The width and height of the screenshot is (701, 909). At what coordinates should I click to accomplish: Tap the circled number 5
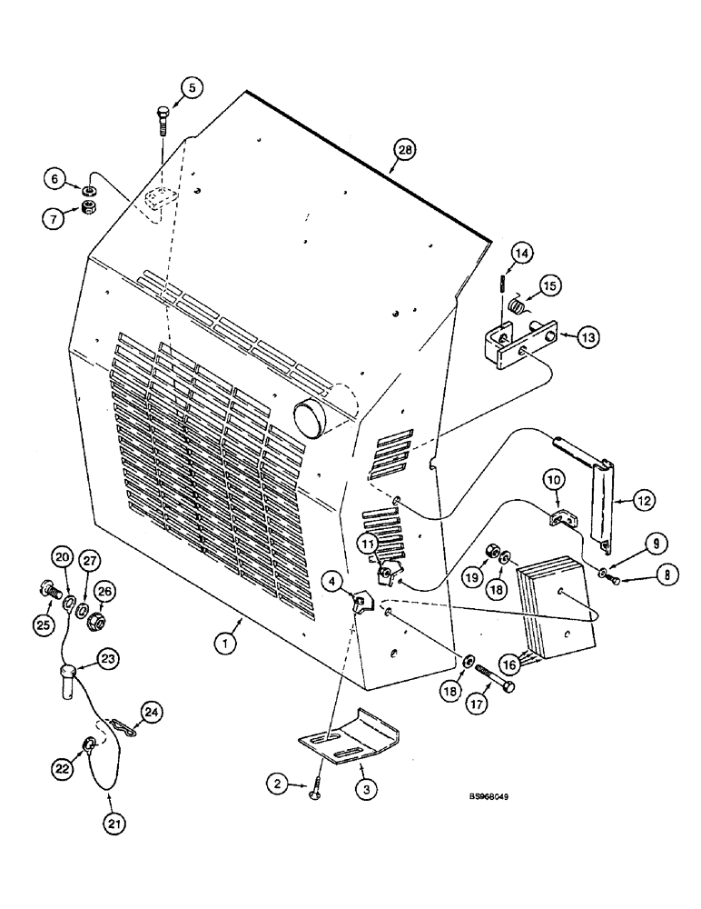(x=193, y=88)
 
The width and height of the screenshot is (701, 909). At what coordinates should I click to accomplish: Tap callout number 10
(x=555, y=479)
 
